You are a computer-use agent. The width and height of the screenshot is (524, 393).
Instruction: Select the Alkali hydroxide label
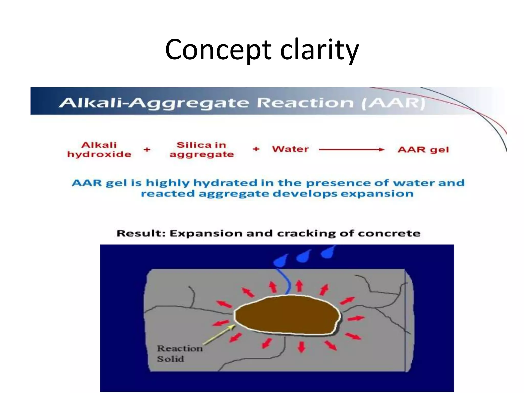pos(99,150)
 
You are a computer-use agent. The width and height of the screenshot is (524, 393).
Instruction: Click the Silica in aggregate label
pos(202,150)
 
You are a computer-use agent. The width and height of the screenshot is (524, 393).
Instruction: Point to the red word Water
pos(290,149)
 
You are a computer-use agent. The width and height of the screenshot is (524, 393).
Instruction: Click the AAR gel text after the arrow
pos(423,150)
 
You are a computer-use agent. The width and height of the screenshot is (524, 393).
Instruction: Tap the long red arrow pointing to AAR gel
pos(352,150)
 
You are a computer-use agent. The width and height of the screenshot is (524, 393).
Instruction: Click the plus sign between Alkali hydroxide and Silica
pos(147,149)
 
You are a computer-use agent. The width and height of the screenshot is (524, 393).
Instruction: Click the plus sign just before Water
pos(256,149)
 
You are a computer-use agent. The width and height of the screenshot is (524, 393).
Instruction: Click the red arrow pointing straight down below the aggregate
pos(302,347)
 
